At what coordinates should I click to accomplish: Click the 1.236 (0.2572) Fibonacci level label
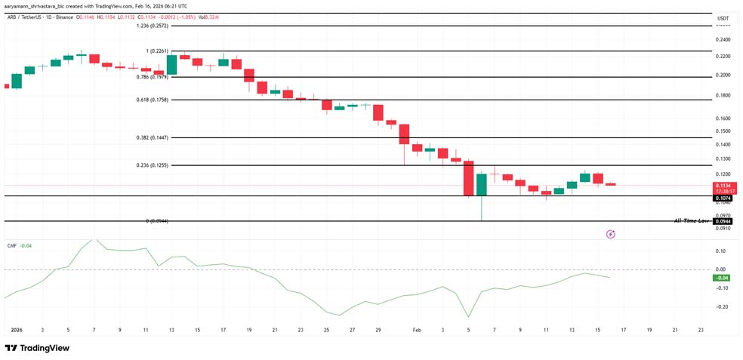click(x=153, y=26)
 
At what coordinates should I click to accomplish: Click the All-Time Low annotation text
click(x=692, y=221)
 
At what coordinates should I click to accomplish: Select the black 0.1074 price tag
click(x=724, y=198)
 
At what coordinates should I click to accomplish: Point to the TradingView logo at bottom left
click(x=37, y=348)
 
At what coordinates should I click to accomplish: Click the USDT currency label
click(x=723, y=18)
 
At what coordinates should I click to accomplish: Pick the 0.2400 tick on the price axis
click(x=723, y=39)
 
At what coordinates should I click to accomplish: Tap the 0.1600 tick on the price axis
click(x=723, y=118)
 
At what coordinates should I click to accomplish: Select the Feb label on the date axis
click(x=416, y=330)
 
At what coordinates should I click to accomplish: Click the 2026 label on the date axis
click(x=17, y=330)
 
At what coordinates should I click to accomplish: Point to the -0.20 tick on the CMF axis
click(x=722, y=306)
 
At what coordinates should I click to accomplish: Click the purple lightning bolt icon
click(x=611, y=235)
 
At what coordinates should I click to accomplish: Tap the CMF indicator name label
click(x=11, y=245)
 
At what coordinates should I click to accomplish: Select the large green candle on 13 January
click(x=171, y=65)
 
